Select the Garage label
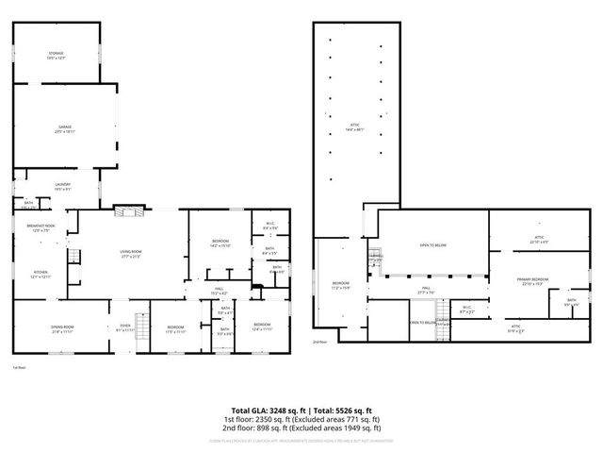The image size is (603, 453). pyautogui.click(x=65, y=128)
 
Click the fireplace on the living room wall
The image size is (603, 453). pyautogui.click(x=125, y=212)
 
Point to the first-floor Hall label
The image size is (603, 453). pyautogui.click(x=218, y=291)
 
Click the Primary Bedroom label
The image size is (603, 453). pyautogui.click(x=532, y=281)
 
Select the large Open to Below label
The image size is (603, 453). pyautogui.click(x=432, y=246)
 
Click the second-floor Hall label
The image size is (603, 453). pyautogui.click(x=425, y=291)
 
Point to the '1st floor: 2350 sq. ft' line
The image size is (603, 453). pyautogui.click(x=301, y=418)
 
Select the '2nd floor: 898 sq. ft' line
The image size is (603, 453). pyautogui.click(x=301, y=427)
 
